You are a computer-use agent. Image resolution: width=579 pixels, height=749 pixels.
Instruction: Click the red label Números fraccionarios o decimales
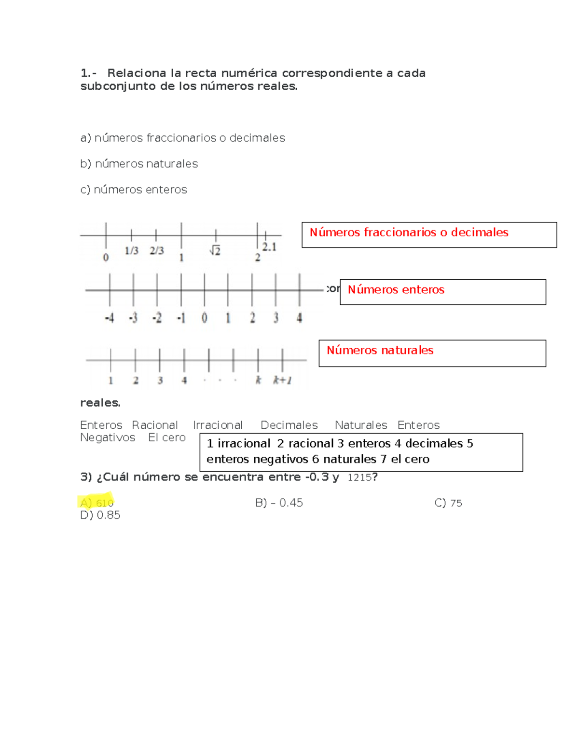pyautogui.click(x=409, y=232)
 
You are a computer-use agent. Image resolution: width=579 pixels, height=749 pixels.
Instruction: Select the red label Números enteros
pyautogui.click(x=396, y=289)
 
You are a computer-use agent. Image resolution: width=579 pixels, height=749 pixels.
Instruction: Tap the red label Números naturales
pyautogui.click(x=380, y=350)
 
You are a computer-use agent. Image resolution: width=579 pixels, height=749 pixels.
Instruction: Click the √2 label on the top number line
pyautogui.click(x=215, y=250)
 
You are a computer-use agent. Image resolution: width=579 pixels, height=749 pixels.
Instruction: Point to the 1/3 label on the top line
pyautogui.click(x=131, y=250)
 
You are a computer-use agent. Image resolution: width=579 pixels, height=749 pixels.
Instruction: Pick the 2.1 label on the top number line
pyautogui.click(x=269, y=247)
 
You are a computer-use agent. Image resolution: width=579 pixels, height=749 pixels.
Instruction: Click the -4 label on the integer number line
pyautogui.click(x=110, y=318)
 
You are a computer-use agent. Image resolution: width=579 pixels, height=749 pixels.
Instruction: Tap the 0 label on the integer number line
pyautogui.click(x=204, y=318)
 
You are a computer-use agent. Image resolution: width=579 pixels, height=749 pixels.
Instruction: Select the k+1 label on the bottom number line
pyautogui.click(x=282, y=381)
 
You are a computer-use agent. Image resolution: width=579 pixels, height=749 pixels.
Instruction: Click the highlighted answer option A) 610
pyautogui.click(x=96, y=503)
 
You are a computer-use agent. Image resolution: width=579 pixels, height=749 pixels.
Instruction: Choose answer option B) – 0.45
pyautogui.click(x=279, y=503)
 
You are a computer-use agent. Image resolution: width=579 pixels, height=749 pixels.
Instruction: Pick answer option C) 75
pyautogui.click(x=448, y=503)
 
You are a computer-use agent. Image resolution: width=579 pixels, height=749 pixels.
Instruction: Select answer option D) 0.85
pyautogui.click(x=100, y=515)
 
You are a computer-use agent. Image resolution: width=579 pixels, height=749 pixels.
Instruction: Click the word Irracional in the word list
pyautogui.click(x=218, y=425)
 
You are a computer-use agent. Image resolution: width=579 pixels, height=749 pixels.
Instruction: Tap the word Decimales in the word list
pyautogui.click(x=289, y=425)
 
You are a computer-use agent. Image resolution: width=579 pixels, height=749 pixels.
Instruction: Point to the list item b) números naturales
pyautogui.click(x=139, y=164)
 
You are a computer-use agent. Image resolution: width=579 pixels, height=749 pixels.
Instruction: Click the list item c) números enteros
pyautogui.click(x=134, y=190)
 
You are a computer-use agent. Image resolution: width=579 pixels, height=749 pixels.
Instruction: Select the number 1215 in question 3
pyautogui.click(x=359, y=477)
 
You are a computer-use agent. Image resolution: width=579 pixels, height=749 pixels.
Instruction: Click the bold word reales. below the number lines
pyautogui.click(x=100, y=403)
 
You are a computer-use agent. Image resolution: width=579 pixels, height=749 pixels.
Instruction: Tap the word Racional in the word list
pyautogui.click(x=155, y=425)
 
